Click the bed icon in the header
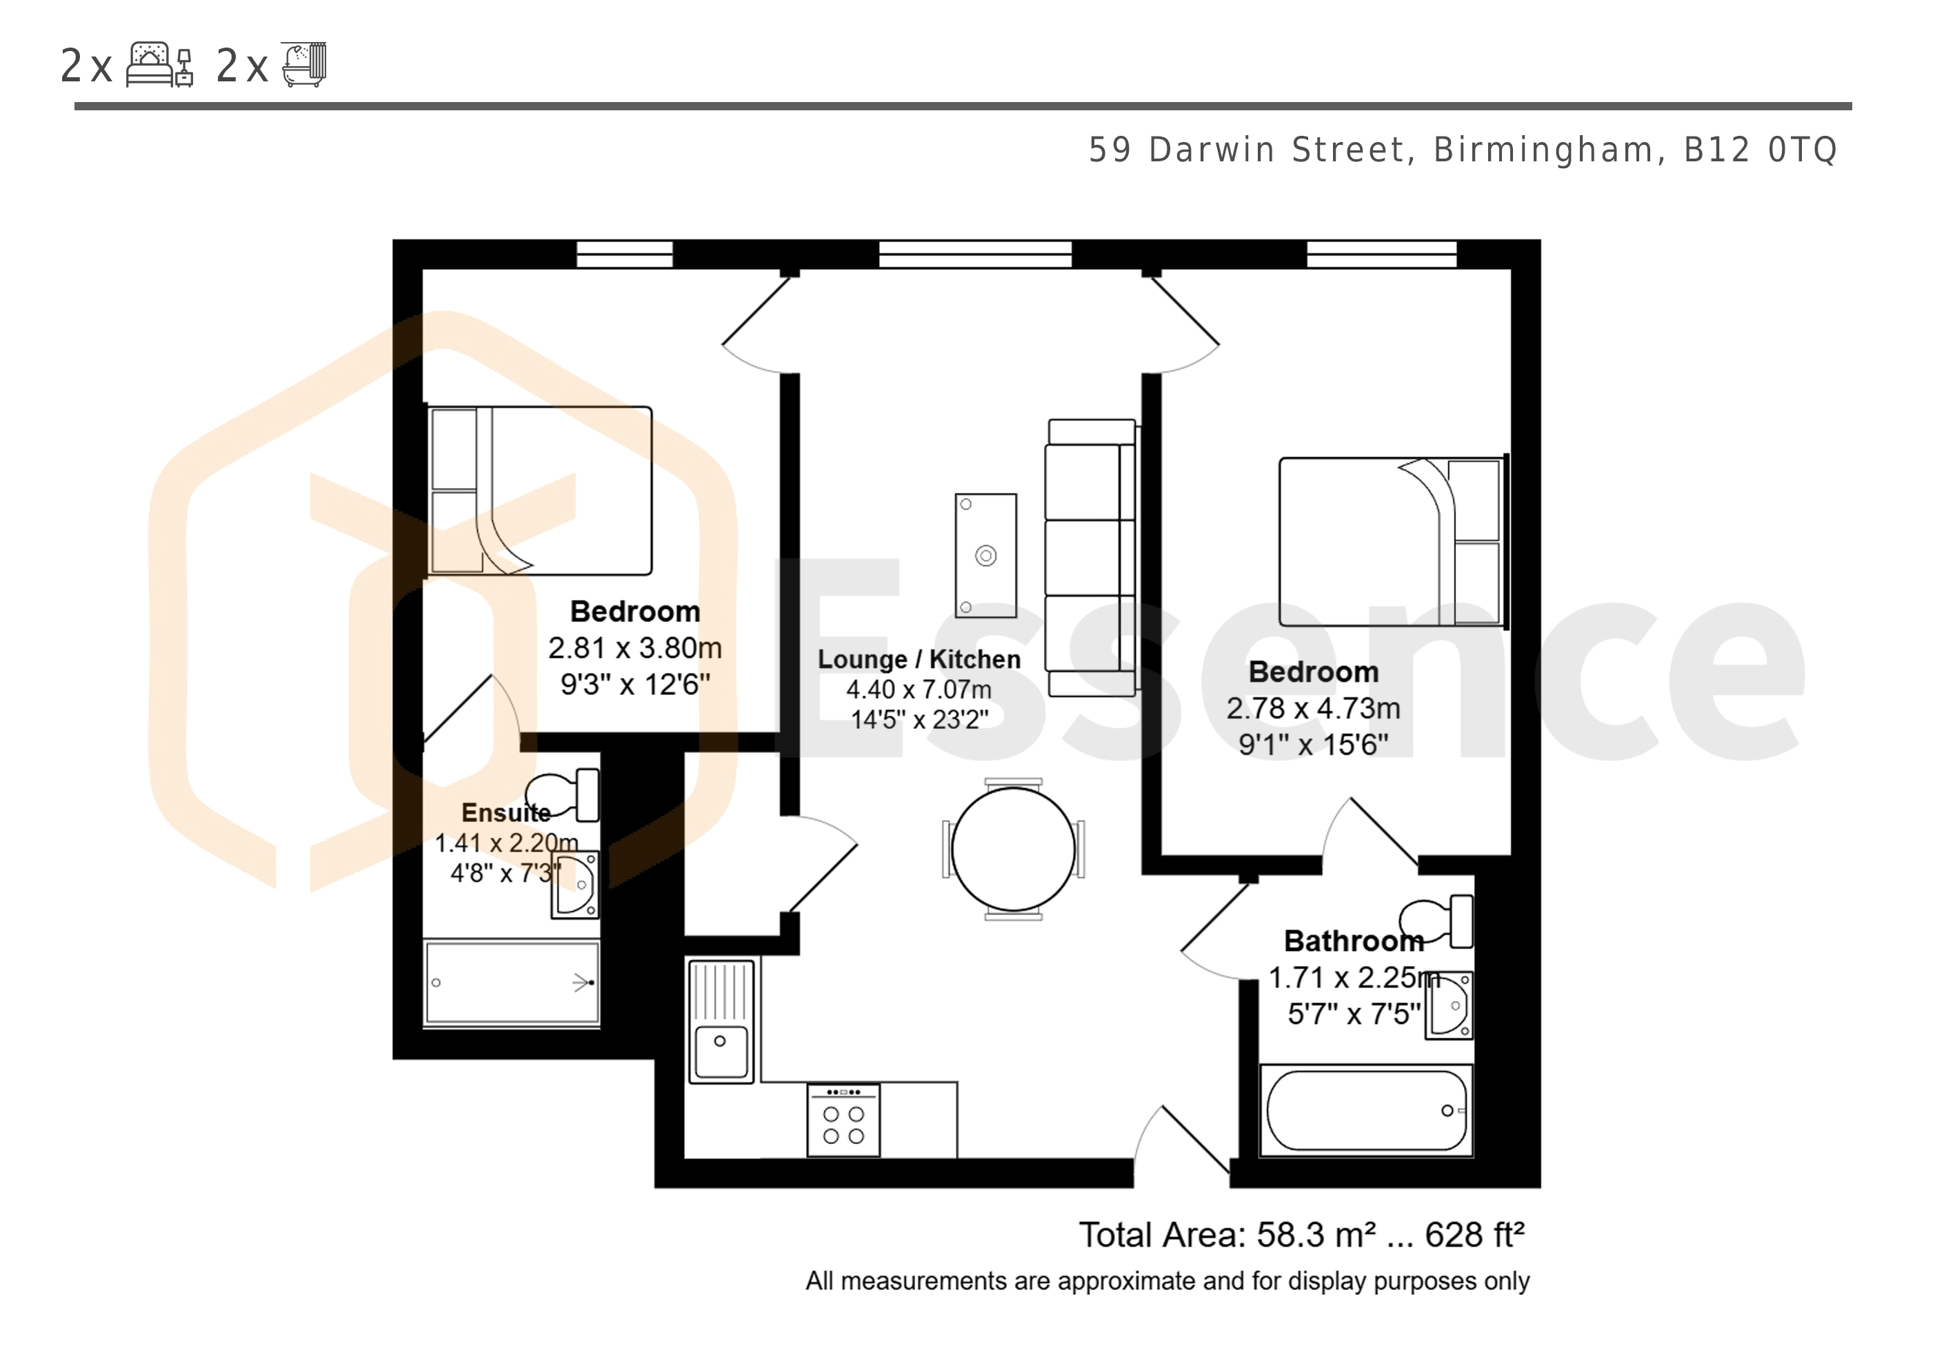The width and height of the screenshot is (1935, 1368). (160, 65)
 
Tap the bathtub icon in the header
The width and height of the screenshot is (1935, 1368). (303, 64)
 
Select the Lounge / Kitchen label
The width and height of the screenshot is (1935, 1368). (919, 659)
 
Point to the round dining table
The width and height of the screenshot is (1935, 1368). (1014, 849)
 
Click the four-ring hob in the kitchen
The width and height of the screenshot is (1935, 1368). (843, 1120)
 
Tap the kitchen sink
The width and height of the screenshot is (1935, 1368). (721, 1020)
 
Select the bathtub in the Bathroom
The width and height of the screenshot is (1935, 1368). (1366, 1110)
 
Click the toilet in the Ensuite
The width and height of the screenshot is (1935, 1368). (563, 795)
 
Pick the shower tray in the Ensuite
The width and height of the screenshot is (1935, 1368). (512, 983)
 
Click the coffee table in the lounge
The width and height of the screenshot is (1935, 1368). (986, 556)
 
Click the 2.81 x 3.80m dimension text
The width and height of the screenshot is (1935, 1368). (634, 648)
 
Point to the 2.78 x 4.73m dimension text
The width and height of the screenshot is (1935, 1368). (1313, 708)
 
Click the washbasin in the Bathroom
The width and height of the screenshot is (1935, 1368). (1450, 1005)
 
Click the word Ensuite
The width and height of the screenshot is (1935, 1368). (505, 812)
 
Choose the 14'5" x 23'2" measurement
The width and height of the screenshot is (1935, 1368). (919, 720)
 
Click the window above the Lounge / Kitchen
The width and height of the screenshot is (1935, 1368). (975, 254)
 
